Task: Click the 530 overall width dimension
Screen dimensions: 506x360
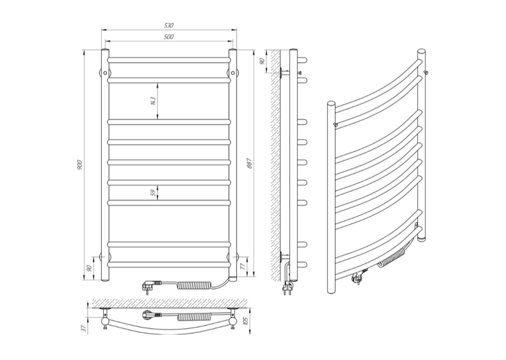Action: click(x=168, y=25)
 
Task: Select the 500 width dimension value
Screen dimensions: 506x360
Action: click(x=168, y=37)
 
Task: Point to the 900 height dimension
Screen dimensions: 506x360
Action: click(x=81, y=165)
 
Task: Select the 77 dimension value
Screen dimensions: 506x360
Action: click(x=243, y=266)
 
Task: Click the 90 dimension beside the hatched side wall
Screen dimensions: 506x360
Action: click(x=262, y=61)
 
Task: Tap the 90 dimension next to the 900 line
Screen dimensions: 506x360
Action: click(x=90, y=268)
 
